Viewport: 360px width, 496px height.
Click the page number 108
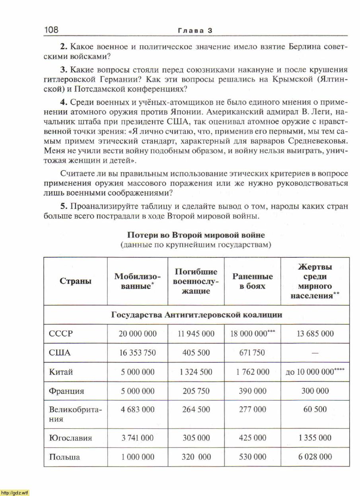point(51,30)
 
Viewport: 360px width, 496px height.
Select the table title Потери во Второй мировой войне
point(196,235)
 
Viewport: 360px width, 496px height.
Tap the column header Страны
point(76,281)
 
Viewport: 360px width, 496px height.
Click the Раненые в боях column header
point(253,281)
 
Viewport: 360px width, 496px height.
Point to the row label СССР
point(61,334)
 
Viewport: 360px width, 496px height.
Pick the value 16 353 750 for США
point(138,353)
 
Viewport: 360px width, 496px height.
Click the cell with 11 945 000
point(196,334)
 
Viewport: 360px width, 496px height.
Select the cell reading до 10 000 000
point(315,372)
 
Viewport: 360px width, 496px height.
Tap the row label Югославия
point(70,438)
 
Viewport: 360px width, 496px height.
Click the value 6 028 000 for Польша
point(315,457)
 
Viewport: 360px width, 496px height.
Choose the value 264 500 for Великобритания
point(196,409)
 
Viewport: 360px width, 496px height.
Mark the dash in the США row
point(315,353)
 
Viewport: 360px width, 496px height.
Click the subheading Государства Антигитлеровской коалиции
point(197,315)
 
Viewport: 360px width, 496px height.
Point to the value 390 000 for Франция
point(253,391)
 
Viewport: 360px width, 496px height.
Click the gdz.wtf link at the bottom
point(15,492)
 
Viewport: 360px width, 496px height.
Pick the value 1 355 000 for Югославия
point(315,438)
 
